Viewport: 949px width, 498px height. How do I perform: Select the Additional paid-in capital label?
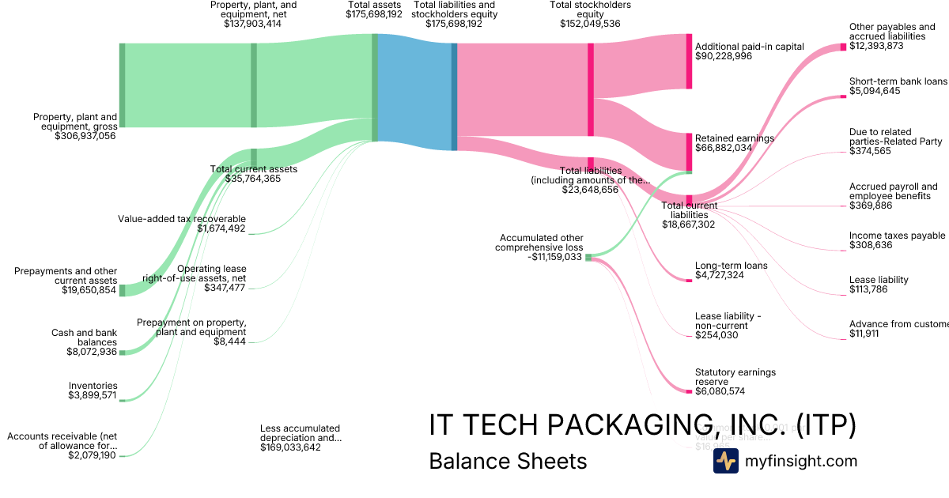click(749, 47)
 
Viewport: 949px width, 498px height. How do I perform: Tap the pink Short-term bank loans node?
click(843, 97)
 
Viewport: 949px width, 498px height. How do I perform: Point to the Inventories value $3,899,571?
click(92, 395)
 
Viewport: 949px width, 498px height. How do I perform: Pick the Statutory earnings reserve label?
click(735, 377)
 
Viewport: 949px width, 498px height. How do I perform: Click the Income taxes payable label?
click(897, 236)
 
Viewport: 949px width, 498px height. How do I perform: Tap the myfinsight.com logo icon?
click(725, 461)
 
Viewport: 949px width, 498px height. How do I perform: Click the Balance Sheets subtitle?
click(508, 461)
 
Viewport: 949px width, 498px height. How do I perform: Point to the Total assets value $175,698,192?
click(374, 14)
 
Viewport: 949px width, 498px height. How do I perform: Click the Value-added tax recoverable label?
click(182, 219)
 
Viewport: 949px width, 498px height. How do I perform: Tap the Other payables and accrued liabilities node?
click(843, 47)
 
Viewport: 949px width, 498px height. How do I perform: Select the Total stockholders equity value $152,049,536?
click(584, 24)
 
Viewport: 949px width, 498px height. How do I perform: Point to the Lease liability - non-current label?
click(728, 321)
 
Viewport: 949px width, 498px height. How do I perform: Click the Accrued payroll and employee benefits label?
click(893, 191)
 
